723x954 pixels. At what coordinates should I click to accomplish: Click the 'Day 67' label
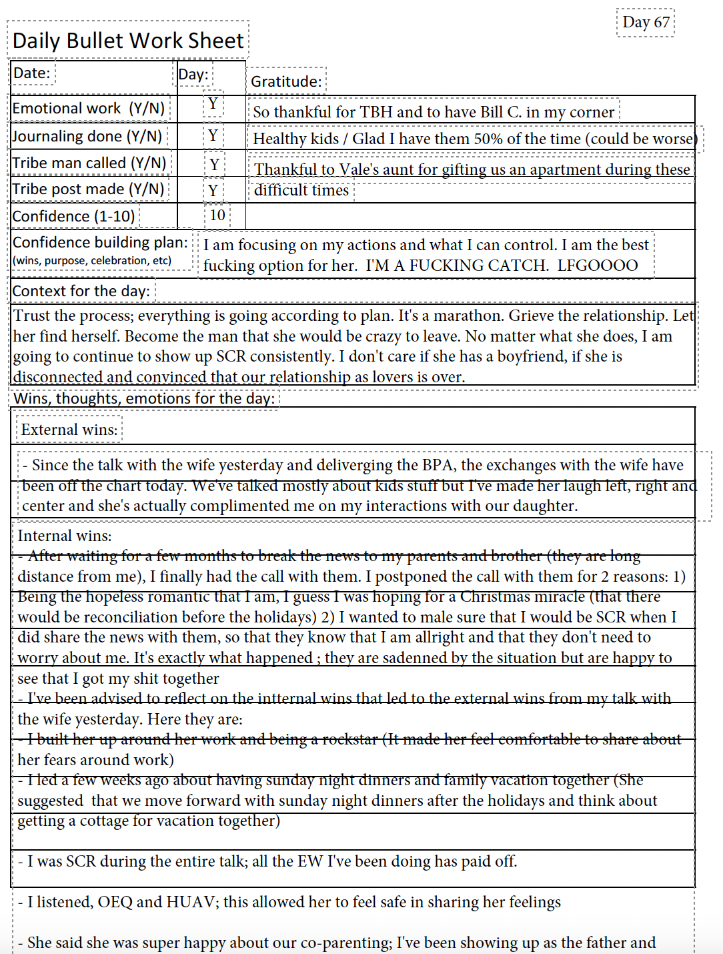click(x=646, y=23)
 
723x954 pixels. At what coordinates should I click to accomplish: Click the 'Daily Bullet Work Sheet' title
click(x=128, y=41)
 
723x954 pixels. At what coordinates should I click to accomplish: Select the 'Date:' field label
click(x=32, y=73)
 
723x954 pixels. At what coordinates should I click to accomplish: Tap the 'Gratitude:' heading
click(x=286, y=81)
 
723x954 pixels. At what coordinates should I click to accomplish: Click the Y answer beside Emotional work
click(x=213, y=103)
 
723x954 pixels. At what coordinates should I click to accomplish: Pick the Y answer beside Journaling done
click(x=213, y=135)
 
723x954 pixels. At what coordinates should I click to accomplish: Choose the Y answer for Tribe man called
click(x=214, y=164)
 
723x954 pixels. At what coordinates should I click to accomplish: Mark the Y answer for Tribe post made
click(x=213, y=191)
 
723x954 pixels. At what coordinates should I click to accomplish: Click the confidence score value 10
click(x=217, y=215)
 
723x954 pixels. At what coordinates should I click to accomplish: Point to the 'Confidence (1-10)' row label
click(x=74, y=216)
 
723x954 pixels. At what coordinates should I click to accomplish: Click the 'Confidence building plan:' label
click(x=100, y=242)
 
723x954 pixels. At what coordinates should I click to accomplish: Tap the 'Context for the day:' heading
click(x=81, y=291)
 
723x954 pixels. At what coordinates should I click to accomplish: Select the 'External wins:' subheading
click(x=69, y=430)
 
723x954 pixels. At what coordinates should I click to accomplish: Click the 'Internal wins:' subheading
click(x=65, y=536)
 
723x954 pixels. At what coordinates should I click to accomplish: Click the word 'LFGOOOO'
click(x=597, y=266)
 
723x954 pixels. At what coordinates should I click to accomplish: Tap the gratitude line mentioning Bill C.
click(x=434, y=112)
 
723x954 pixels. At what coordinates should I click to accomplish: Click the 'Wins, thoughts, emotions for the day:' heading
click(x=144, y=398)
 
